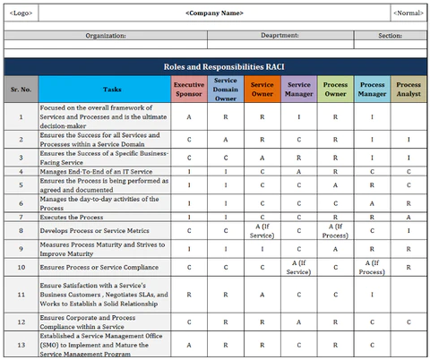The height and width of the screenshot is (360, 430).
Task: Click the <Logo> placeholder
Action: pyautogui.click(x=20, y=13)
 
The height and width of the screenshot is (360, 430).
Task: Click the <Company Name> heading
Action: pyautogui.click(x=214, y=13)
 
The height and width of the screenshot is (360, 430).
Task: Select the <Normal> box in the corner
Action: pyautogui.click(x=408, y=13)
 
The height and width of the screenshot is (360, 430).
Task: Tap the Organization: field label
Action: pyautogui.click(x=106, y=36)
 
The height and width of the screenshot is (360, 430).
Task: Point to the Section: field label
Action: pyautogui.click(x=390, y=36)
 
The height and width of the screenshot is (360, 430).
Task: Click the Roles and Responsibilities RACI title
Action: pyautogui.click(x=215, y=66)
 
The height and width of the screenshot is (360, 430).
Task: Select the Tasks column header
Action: pyautogui.click(x=112, y=89)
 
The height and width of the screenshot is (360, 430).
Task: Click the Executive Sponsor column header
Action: pyautogui.click(x=188, y=89)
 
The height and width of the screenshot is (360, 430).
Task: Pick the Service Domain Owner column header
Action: pyautogui.click(x=226, y=89)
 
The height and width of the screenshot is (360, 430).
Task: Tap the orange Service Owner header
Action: pyautogui.click(x=262, y=89)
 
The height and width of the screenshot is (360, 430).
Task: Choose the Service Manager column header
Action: pyautogui.click(x=298, y=89)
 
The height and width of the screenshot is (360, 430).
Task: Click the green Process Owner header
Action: pyautogui.click(x=335, y=89)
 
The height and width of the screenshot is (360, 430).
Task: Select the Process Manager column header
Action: pyautogui.click(x=372, y=89)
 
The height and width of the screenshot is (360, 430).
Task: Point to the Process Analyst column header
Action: pyautogui.click(x=408, y=89)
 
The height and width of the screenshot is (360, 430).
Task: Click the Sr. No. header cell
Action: pyautogui.click(x=21, y=89)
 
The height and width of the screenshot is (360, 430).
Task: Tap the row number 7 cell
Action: pyautogui.click(x=21, y=217)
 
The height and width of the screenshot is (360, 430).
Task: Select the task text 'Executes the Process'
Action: pyautogui.click(x=72, y=217)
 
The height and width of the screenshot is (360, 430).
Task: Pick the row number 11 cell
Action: pyautogui.click(x=21, y=293)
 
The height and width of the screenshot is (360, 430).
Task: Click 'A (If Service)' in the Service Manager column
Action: pyautogui.click(x=298, y=266)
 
